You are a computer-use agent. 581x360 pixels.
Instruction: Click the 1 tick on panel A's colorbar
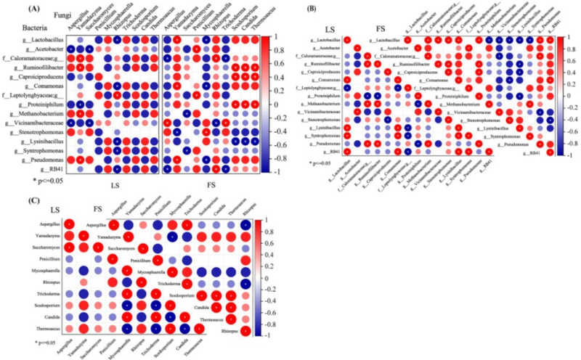click(274, 36)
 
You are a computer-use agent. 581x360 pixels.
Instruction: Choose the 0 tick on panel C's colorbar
click(265, 277)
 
